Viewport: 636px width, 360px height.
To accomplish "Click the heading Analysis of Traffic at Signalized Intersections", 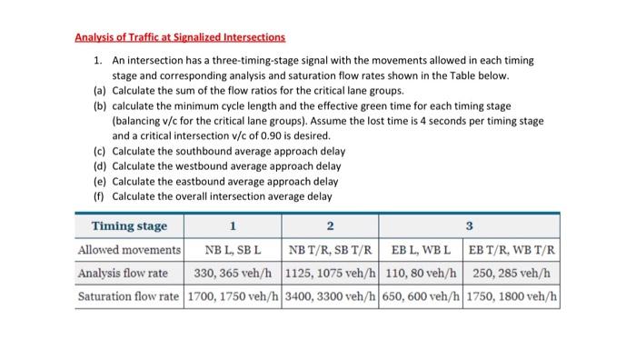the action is pos(180,37).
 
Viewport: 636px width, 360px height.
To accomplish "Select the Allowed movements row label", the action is pos(129,249).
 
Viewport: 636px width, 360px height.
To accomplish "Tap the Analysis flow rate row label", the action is pos(129,273).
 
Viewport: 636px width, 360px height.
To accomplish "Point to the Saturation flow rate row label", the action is pos(129,296).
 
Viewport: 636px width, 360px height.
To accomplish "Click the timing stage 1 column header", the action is pos(234,225).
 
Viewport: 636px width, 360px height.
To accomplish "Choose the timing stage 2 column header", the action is pos(330,225).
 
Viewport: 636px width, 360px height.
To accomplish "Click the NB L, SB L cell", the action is pos(234,249).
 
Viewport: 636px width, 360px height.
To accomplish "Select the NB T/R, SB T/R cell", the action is pos(330,249).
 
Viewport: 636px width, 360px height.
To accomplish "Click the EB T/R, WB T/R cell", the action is pos(514,249).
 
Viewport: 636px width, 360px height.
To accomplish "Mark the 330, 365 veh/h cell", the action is pos(234,273).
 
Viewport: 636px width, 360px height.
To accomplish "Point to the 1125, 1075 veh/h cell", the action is pos(330,273).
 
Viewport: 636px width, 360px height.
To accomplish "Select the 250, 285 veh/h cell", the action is pos(514,273).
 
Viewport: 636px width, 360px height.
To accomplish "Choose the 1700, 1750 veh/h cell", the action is pos(234,296).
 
